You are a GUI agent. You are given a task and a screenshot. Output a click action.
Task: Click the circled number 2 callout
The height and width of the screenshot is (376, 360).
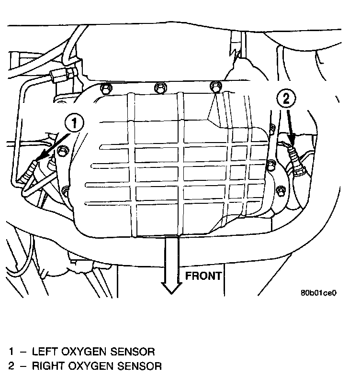[286, 99]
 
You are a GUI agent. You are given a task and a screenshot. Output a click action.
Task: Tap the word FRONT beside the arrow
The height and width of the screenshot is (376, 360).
[203, 276]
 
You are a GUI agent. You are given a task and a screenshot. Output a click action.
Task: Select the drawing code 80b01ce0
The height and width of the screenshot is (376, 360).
[319, 293]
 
